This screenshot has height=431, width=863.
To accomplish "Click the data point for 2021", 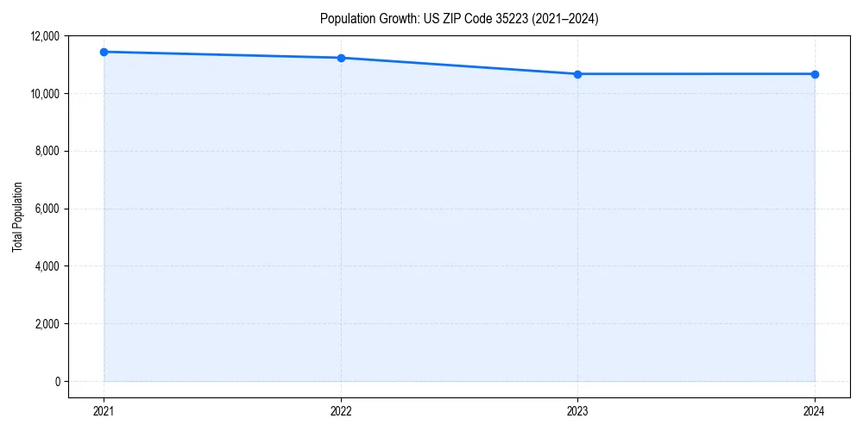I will (x=104, y=52).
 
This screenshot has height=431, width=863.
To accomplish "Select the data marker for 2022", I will (x=341, y=58).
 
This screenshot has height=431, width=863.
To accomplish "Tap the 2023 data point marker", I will (x=577, y=74).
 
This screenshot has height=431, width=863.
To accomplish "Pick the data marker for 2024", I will (x=815, y=74).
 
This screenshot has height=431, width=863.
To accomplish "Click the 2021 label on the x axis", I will (x=104, y=411).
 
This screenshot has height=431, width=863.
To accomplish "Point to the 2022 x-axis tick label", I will (x=341, y=411).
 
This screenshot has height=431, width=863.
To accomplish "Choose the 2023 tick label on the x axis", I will (x=577, y=411).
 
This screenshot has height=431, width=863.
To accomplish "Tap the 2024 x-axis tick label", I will (x=815, y=411).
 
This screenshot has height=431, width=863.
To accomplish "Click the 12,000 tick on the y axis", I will (x=42, y=36).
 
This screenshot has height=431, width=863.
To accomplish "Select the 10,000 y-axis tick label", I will (x=42, y=93).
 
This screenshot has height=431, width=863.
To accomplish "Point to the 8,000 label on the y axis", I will (x=45, y=151).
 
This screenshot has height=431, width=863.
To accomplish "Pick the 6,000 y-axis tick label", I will (x=45, y=209).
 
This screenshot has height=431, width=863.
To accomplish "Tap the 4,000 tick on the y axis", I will (x=45, y=266).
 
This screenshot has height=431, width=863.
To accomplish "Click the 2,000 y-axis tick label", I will (x=45, y=324).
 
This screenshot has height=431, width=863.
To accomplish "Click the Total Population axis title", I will (x=17, y=216).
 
